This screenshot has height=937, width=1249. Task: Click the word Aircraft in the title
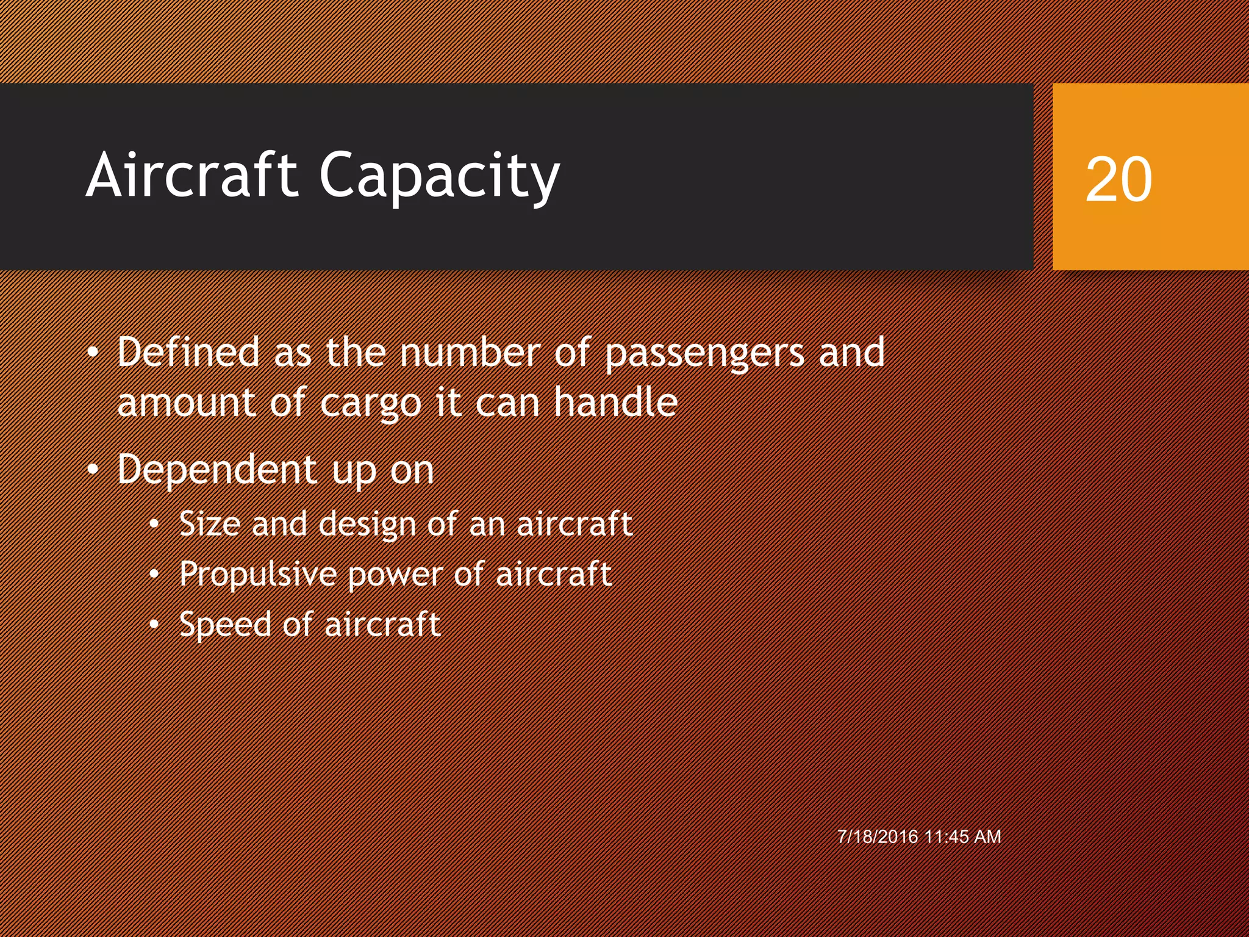pos(192,175)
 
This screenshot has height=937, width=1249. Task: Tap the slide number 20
pos(1118,179)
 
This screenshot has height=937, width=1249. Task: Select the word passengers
pos(704,354)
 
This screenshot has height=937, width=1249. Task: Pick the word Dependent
pos(217,470)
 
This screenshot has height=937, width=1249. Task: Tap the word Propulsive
pos(257,575)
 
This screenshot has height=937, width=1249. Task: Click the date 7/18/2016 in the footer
pos(878,836)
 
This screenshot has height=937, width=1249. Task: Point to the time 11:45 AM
pos(962,836)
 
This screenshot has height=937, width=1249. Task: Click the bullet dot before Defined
pos(92,353)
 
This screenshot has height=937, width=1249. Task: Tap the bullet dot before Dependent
pos(92,470)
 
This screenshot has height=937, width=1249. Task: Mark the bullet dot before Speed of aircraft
pos(154,625)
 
